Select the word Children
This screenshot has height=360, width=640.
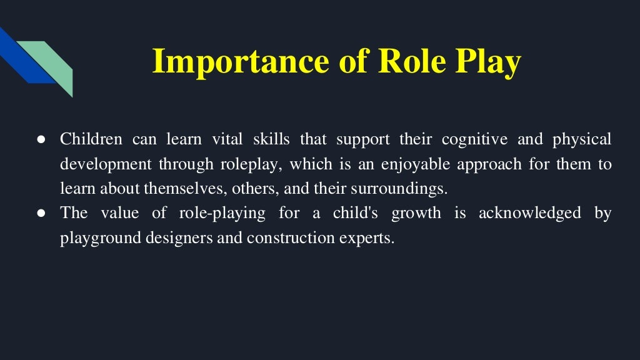click(x=91, y=139)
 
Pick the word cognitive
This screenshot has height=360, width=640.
click(x=475, y=139)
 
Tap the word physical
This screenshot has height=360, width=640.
click(x=582, y=139)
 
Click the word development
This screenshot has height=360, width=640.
click(x=106, y=164)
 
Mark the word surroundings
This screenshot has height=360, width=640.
click(x=406, y=189)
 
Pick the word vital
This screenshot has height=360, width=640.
click(x=227, y=139)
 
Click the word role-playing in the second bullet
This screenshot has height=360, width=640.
click(x=221, y=214)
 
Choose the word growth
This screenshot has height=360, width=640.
click(x=416, y=214)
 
